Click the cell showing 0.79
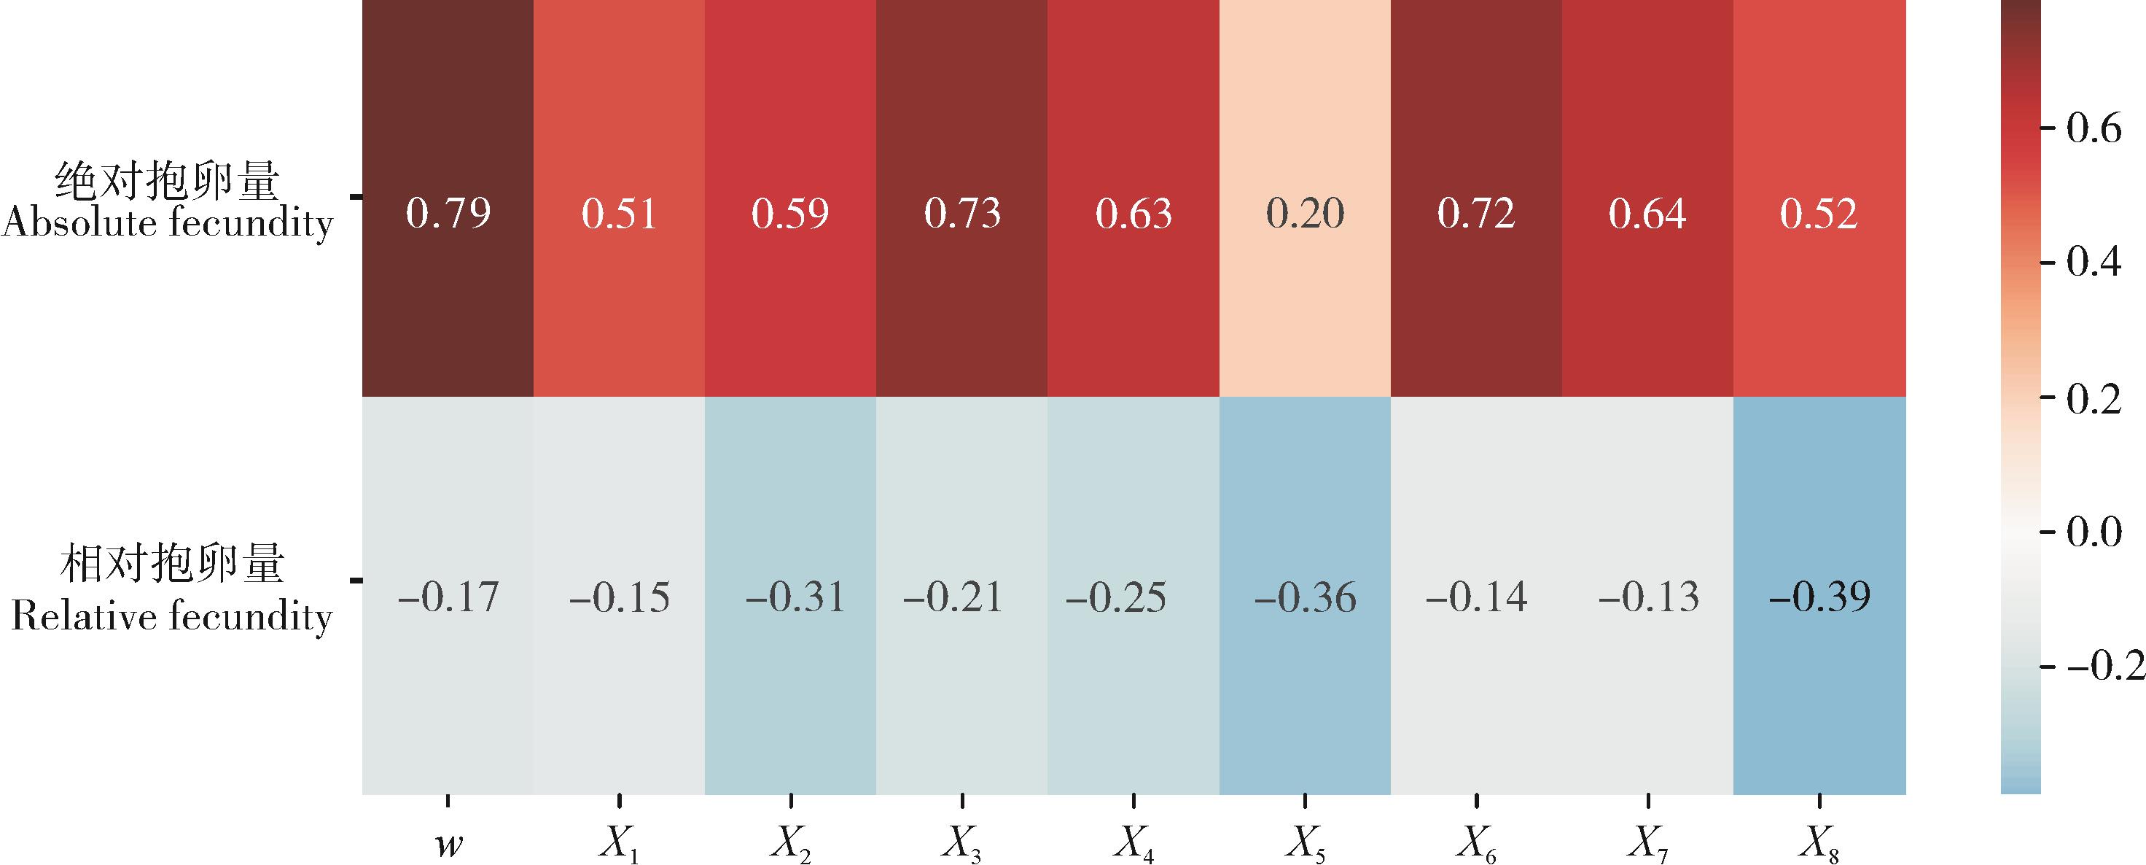click(x=448, y=214)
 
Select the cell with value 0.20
click(x=1305, y=214)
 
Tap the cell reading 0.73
click(x=962, y=214)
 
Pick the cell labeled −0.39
click(x=1819, y=597)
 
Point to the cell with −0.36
click(x=1305, y=597)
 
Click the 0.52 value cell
click(x=1819, y=214)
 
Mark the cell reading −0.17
click(x=448, y=597)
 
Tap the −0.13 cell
click(x=1648, y=597)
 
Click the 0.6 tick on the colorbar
click(x=2094, y=129)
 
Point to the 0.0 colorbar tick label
click(x=2094, y=532)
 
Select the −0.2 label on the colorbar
click(x=2104, y=666)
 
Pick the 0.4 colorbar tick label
click(x=2094, y=263)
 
